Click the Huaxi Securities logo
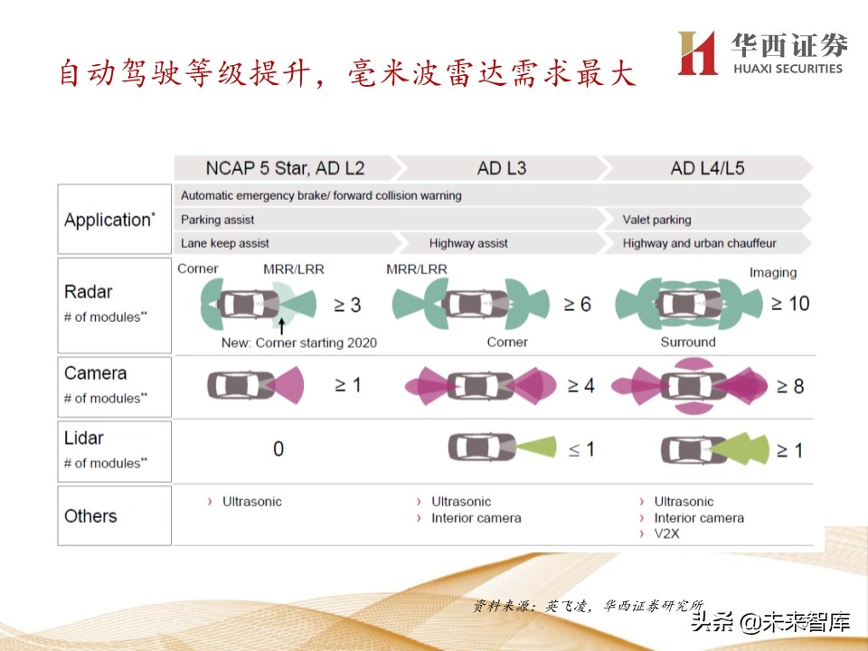coord(761,53)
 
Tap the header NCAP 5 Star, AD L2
coord(285,168)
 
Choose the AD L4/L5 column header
coord(707,168)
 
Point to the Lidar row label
coord(84,439)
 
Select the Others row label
coord(90,516)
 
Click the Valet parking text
coord(656,220)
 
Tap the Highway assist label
coord(468,243)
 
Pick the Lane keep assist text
coord(225,243)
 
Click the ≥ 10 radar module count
coord(790,304)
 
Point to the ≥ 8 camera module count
coord(785,386)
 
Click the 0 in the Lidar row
coord(278,448)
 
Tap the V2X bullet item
coord(666,533)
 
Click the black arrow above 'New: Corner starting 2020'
coord(282,323)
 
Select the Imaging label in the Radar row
coord(773,272)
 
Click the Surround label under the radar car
coord(688,342)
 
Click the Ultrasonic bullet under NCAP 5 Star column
coord(252,501)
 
